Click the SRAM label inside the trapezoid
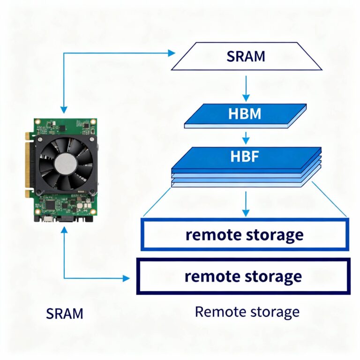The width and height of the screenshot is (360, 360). [x=246, y=56]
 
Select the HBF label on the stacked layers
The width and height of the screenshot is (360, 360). [x=245, y=156]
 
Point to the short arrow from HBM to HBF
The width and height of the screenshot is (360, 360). [x=245, y=138]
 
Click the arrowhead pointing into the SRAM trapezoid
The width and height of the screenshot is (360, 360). [x=172, y=53]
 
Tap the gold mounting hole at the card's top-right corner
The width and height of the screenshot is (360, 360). [x=94, y=122]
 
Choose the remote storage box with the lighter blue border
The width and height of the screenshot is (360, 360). [x=245, y=234]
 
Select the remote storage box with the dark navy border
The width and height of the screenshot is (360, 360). [x=243, y=276]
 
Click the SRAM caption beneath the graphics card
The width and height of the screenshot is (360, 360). [x=65, y=313]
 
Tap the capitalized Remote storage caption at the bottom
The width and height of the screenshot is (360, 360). [x=247, y=312]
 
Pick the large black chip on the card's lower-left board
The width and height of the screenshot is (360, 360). [x=50, y=205]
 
